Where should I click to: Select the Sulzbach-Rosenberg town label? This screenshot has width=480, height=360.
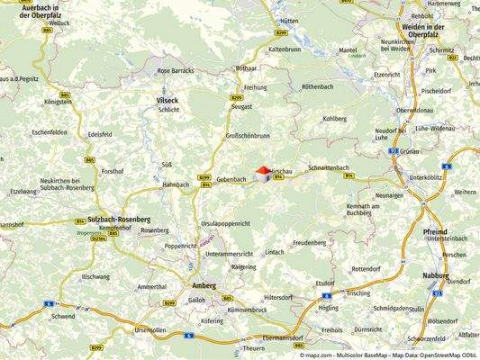click(119, 220)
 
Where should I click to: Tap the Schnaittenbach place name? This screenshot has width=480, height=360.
click(328, 168)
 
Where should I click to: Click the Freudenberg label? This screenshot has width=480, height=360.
click(309, 242)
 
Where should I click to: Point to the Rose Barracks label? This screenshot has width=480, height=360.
click(176, 70)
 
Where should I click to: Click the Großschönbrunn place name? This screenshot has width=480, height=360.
click(248, 136)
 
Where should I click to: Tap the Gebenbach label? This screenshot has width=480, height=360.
click(231, 179)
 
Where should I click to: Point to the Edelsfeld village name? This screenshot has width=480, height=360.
click(97, 134)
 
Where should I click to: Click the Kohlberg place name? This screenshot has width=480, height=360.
click(334, 118)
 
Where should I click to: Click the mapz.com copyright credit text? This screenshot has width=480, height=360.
click(389, 355)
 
